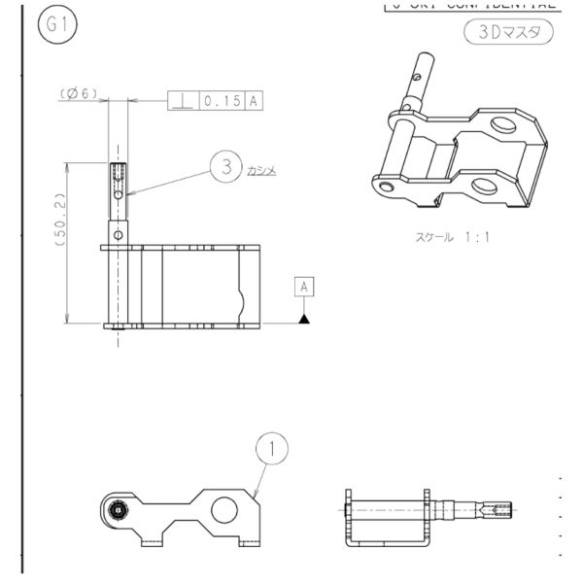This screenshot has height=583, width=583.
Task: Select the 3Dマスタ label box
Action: coord(508,32)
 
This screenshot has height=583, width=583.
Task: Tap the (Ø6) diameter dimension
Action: coord(80,92)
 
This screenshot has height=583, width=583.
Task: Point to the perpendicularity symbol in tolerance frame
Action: coord(181,100)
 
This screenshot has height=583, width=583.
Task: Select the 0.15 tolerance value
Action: coord(221,100)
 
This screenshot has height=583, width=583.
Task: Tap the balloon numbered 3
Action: coord(225,166)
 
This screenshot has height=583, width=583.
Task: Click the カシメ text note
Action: coord(262,169)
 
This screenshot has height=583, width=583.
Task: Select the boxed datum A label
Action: coord(305,287)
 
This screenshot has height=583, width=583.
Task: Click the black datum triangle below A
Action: coord(305,317)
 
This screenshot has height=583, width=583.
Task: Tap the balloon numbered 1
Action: coord(273,448)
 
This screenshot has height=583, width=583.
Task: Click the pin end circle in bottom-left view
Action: coord(119,509)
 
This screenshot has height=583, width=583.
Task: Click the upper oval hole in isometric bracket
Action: coord(503,124)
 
